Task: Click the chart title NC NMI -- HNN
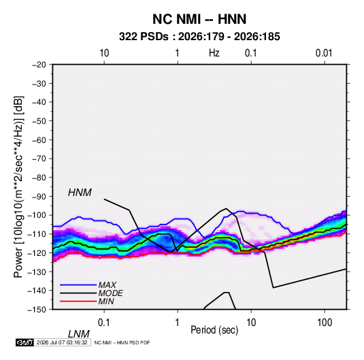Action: (x=199, y=19)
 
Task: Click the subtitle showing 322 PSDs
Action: (x=199, y=37)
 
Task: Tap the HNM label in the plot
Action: (x=80, y=193)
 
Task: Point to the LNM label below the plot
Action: (x=79, y=334)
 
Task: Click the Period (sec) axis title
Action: (x=214, y=330)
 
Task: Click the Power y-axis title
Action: (x=18, y=187)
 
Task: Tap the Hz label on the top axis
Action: (x=214, y=53)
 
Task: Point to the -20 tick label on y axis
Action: (x=39, y=65)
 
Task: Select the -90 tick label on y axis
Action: (x=39, y=196)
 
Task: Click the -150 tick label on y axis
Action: (x=37, y=310)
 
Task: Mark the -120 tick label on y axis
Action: (x=37, y=253)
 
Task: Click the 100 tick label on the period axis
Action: (x=325, y=323)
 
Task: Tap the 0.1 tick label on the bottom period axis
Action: (x=104, y=323)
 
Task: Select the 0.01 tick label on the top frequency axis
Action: (x=324, y=53)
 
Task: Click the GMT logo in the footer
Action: (x=25, y=342)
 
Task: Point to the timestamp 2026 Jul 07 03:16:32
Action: (x=62, y=342)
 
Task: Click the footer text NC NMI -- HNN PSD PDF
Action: (x=122, y=342)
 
